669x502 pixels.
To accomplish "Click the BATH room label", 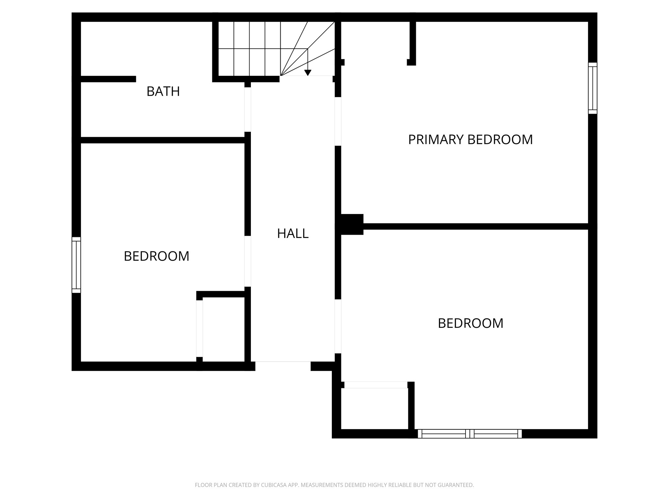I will pyautogui.click(x=163, y=92).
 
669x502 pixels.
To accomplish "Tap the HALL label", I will pyautogui.click(x=293, y=234).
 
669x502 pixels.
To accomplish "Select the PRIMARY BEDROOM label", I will pyautogui.click(x=470, y=140).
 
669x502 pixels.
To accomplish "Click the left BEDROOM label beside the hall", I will pyautogui.click(x=156, y=256).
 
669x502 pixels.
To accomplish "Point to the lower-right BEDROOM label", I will pyautogui.click(x=470, y=324).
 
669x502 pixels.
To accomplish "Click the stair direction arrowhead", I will pyautogui.click(x=307, y=73).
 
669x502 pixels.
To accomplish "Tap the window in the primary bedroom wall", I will pyautogui.click(x=593, y=88).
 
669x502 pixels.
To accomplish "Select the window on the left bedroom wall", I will pyautogui.click(x=76, y=265).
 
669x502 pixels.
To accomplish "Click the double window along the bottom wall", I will pyautogui.click(x=470, y=434).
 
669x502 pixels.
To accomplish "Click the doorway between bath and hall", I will pyautogui.click(x=248, y=109).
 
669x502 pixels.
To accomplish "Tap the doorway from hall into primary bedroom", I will pyautogui.click(x=338, y=121).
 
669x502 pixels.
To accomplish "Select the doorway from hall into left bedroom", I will pyautogui.click(x=248, y=261).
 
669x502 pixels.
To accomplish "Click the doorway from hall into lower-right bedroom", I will pyautogui.click(x=338, y=326).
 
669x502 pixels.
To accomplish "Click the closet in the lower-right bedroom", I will pyautogui.click(x=374, y=409).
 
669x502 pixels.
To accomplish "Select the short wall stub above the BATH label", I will pyautogui.click(x=108, y=79).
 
